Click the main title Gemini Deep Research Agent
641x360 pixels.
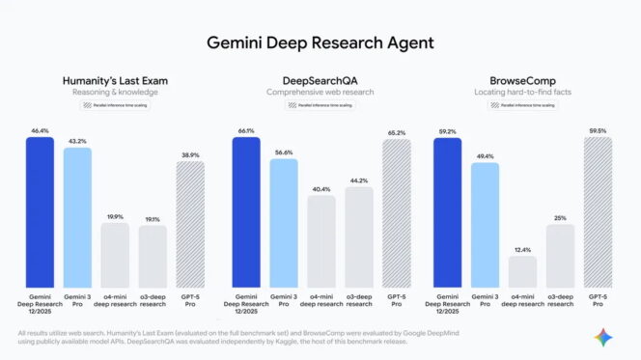[x=320, y=42]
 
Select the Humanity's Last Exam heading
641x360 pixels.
[x=115, y=80]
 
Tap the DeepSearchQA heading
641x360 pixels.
[x=320, y=80]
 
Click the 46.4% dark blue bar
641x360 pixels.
[x=41, y=212]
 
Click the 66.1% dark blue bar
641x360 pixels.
[x=246, y=212]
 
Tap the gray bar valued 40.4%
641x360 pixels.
[x=321, y=241]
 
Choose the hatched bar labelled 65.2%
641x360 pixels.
[x=396, y=214]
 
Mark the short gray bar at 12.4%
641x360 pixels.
[x=522, y=271]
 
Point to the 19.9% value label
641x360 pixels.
[x=115, y=217]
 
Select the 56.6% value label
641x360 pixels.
[x=284, y=152]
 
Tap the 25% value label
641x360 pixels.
[x=560, y=217]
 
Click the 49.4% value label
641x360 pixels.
[x=486, y=155]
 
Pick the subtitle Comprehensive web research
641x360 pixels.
[x=320, y=92]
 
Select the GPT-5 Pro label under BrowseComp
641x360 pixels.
[x=598, y=299]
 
